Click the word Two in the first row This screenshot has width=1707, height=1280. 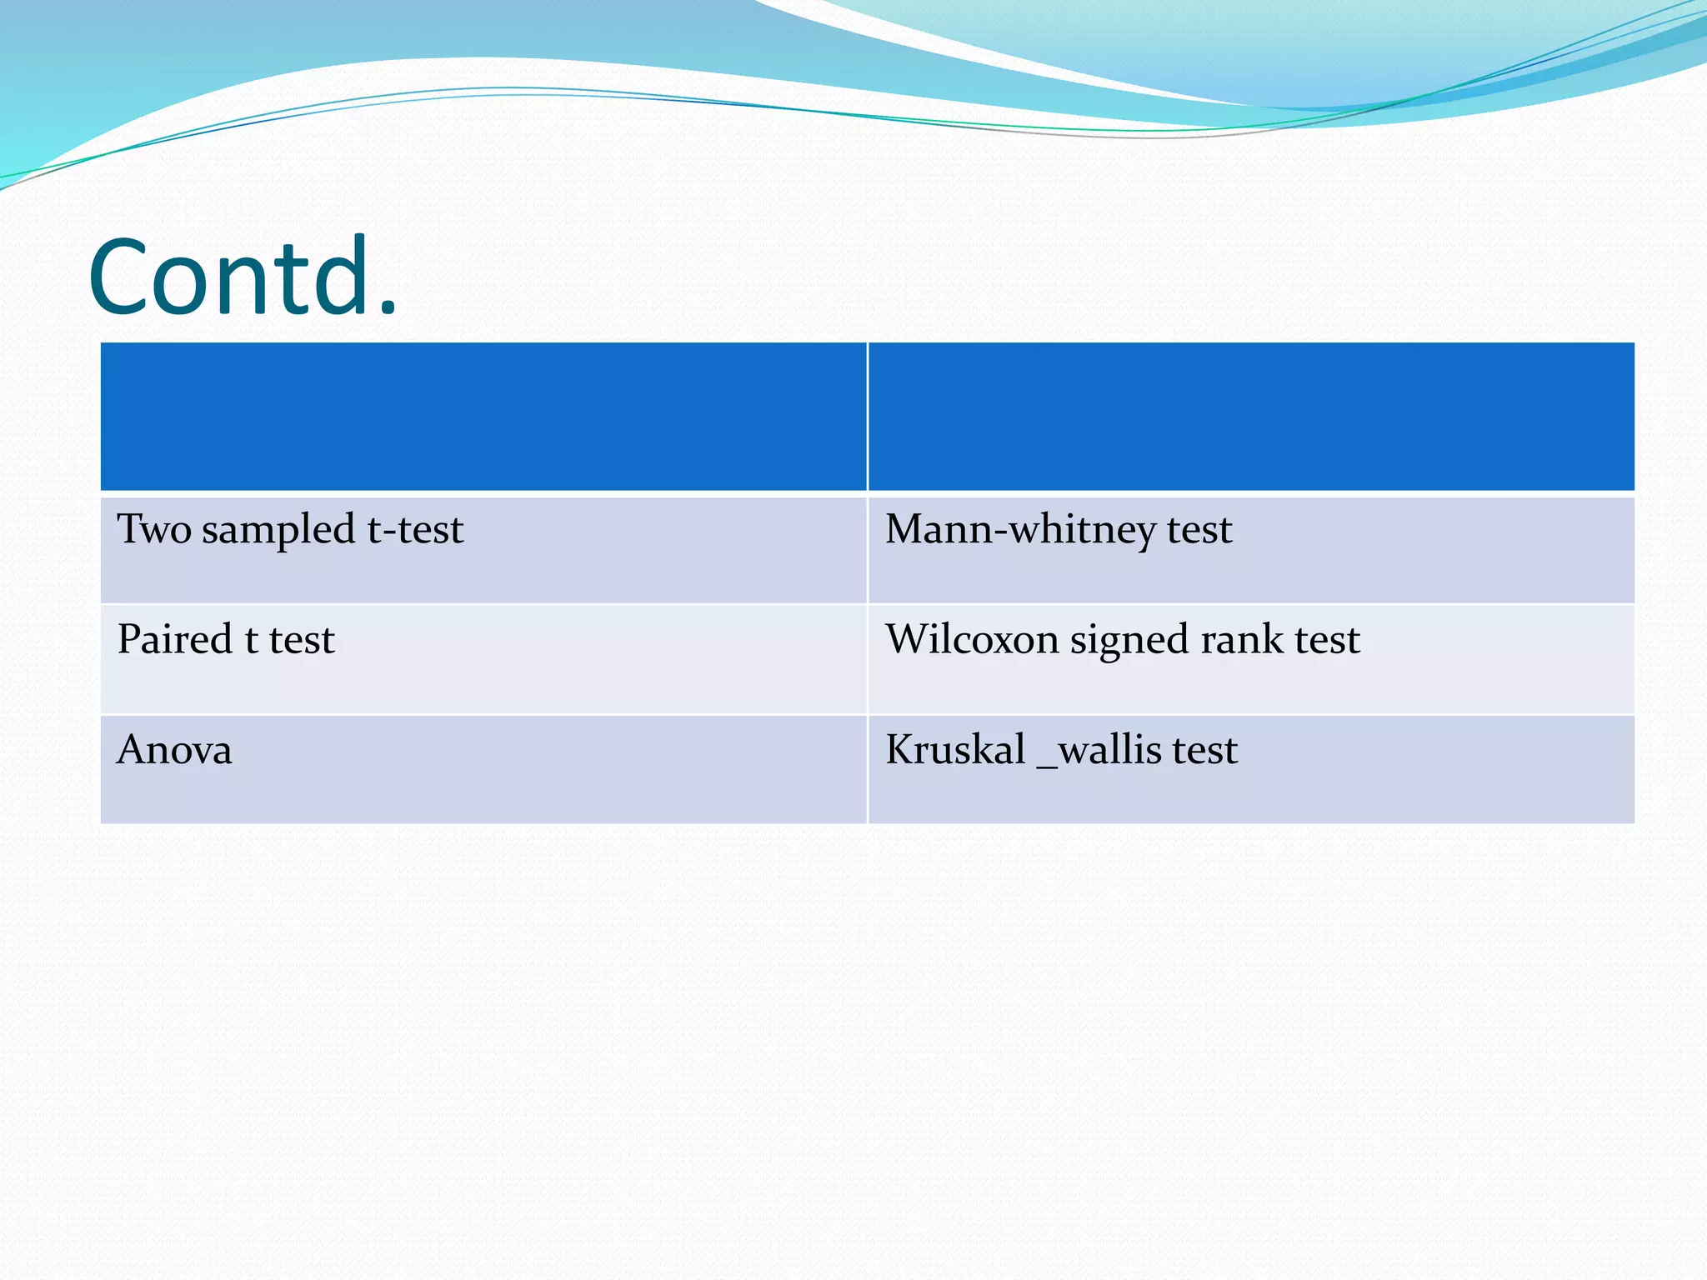[x=154, y=529]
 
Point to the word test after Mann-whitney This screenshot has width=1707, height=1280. [x=1199, y=530]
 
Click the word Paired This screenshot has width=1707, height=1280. [x=175, y=639]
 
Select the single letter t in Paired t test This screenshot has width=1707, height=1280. [x=251, y=641]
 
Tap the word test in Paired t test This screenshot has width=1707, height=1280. [x=302, y=641]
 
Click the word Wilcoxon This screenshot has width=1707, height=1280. [x=972, y=639]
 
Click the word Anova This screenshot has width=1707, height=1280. [x=174, y=749]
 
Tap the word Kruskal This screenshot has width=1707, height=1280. [x=955, y=749]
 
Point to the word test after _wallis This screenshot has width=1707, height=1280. [x=1204, y=750]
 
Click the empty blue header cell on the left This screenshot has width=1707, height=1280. [x=483, y=417]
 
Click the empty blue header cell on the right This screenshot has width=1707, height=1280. [x=1250, y=417]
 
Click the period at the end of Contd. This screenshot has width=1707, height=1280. [x=387, y=310]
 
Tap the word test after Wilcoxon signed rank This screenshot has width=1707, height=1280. [x=1327, y=641]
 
